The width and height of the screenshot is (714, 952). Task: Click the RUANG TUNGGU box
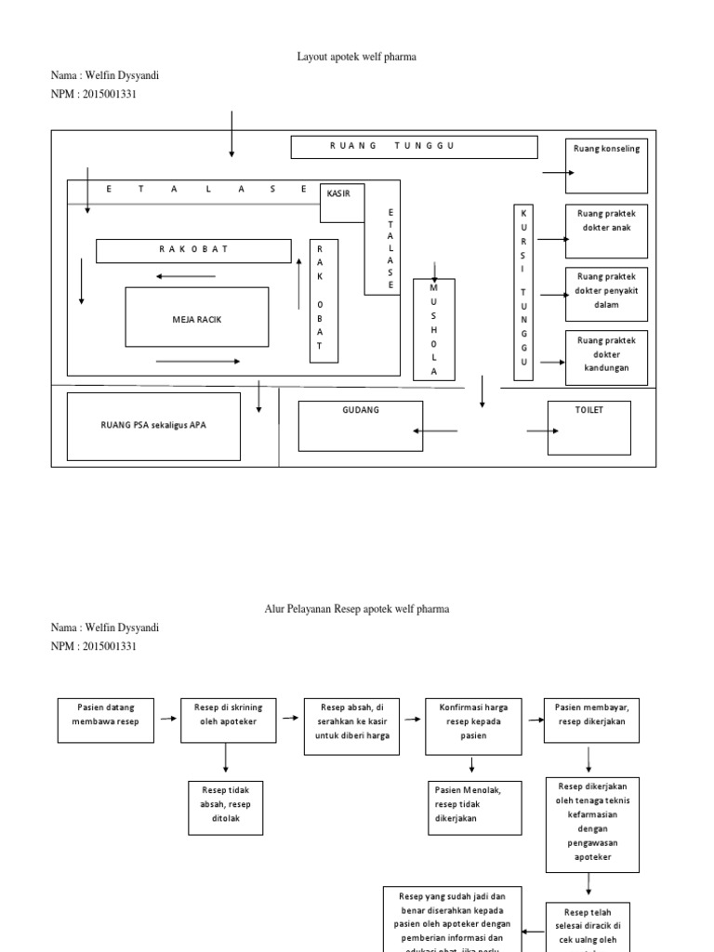pos(414,147)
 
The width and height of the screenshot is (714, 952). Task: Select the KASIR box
pos(342,203)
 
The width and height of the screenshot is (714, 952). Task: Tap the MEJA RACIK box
pos(197,317)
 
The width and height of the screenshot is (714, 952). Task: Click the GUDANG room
pos(360,425)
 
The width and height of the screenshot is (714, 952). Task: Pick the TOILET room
pos(588,427)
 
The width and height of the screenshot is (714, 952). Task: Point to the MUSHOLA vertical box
pos(433,328)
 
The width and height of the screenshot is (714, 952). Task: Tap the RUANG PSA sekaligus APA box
pos(153,426)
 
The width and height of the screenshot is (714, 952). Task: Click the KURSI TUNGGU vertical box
pos(524,293)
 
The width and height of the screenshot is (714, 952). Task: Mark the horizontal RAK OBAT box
pos(193,250)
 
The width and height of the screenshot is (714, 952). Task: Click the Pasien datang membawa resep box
pos(104,721)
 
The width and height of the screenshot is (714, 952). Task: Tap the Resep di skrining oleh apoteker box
pos(226,721)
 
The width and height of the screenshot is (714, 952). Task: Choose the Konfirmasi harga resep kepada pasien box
pos(472,726)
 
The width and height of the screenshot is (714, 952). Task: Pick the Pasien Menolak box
pos(472,804)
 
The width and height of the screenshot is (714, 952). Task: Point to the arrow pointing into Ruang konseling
pos(558,173)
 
